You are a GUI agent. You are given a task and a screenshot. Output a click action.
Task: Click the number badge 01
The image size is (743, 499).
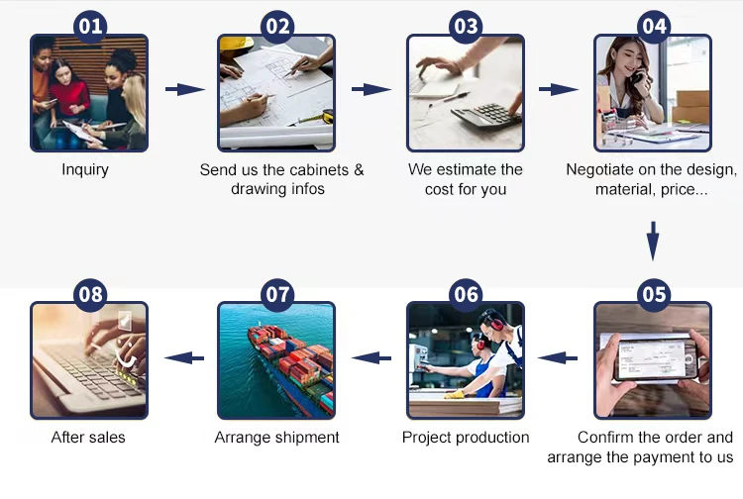tap(90, 27)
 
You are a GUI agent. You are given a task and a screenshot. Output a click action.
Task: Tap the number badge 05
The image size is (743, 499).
tap(654, 294)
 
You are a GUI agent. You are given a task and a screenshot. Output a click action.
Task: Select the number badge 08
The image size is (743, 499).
tap(90, 294)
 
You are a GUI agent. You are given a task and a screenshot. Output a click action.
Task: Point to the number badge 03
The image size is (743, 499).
tap(466, 27)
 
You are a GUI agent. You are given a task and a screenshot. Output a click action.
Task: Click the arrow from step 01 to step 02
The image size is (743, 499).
tap(185, 89)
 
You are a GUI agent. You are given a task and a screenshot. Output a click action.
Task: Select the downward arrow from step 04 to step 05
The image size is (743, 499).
tap(653, 241)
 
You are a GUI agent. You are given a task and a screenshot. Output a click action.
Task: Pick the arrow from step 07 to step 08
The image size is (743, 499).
tap(184, 357)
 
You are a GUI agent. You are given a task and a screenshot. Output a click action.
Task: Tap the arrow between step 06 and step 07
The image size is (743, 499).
tap(371, 357)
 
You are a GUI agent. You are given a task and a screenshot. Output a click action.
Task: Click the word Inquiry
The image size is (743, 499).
tap(85, 169)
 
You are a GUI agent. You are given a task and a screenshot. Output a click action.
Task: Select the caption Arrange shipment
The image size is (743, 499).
tap(276, 438)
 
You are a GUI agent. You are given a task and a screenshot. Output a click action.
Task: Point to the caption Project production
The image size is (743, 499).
tap(466, 438)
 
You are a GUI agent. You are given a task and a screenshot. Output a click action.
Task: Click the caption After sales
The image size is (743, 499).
tap(88, 438)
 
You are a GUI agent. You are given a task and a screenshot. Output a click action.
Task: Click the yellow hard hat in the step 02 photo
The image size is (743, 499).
tap(236, 44)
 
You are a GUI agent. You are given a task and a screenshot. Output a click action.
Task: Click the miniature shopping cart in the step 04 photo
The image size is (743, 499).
tap(617, 127)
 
